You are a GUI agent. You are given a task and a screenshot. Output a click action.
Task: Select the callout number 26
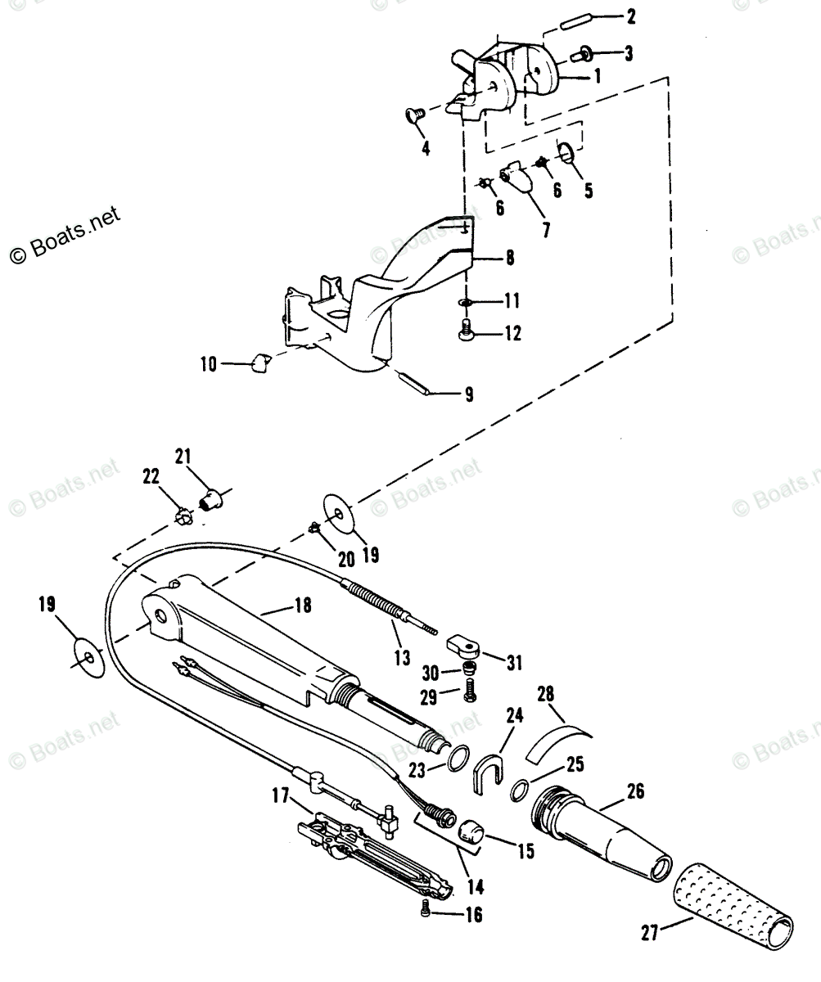tap(635, 791)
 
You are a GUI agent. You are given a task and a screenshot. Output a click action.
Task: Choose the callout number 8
tap(509, 258)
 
